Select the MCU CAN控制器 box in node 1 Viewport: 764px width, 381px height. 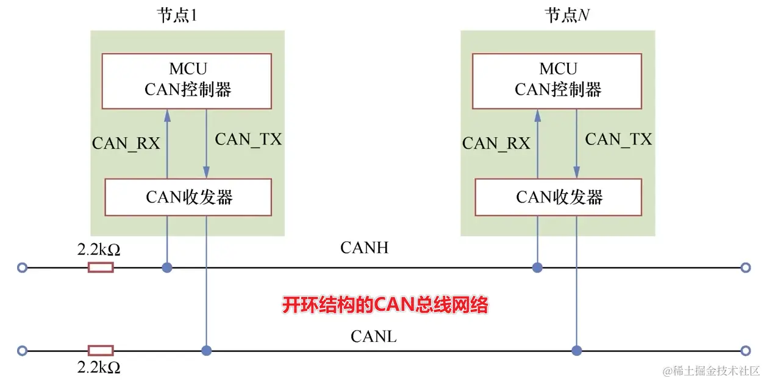click(x=187, y=80)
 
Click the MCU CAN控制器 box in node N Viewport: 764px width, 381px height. click(x=557, y=80)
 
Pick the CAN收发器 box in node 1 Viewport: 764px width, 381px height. click(x=188, y=197)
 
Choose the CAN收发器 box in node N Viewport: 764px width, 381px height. click(x=559, y=197)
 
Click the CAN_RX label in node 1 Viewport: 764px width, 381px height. click(x=126, y=143)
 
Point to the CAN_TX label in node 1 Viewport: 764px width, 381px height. click(x=248, y=140)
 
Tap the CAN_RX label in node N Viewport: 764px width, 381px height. click(x=496, y=143)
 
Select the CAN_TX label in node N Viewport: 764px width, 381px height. click(x=618, y=140)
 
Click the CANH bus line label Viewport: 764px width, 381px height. click(x=364, y=247)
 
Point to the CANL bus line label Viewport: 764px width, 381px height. click(x=373, y=336)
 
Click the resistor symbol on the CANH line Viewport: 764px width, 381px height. click(x=101, y=267)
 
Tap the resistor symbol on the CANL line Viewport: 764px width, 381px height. click(x=101, y=351)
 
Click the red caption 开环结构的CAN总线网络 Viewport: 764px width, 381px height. click(x=385, y=305)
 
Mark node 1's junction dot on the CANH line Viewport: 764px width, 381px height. click(x=166, y=267)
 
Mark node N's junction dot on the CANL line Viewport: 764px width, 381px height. click(x=576, y=351)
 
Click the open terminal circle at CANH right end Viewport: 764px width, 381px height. click(x=744, y=267)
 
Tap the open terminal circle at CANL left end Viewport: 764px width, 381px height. click(x=23, y=351)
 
